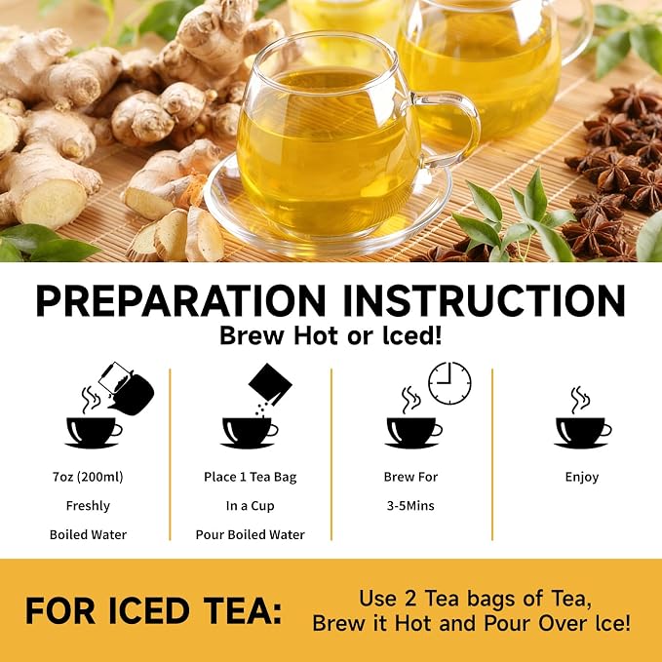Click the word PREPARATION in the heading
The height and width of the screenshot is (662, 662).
(180, 300)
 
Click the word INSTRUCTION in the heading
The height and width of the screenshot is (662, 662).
(485, 300)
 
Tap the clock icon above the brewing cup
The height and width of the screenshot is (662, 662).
(449, 383)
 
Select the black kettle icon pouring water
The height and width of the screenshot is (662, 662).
(126, 388)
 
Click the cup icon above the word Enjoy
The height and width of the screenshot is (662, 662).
(583, 432)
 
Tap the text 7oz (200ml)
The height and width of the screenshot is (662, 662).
(88, 477)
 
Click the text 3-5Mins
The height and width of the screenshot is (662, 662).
(410, 505)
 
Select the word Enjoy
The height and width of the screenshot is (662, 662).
(582, 478)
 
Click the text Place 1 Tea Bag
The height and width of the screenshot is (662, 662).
(251, 477)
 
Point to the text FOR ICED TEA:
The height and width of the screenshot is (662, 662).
(154, 610)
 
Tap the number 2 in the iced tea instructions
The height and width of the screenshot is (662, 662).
(410, 599)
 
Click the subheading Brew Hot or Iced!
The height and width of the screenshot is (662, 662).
(331, 336)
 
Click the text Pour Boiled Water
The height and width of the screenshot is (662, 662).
(250, 534)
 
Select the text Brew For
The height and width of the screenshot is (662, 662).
(410, 477)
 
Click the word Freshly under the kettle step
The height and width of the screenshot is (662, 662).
(88, 506)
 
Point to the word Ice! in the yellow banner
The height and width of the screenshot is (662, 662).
(612, 624)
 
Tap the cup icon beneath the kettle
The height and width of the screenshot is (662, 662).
(94, 432)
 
